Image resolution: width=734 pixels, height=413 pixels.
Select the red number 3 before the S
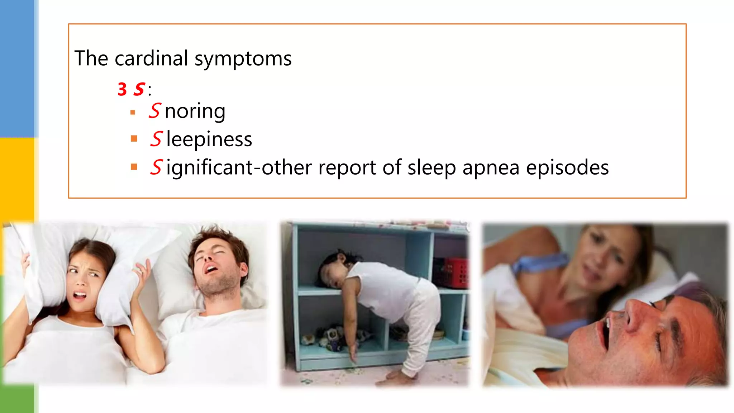pos(122,89)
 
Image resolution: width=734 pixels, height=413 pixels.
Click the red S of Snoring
pos(155,111)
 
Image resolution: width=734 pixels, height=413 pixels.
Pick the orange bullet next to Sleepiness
pos(134,139)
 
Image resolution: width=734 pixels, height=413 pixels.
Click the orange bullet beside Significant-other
pos(134,167)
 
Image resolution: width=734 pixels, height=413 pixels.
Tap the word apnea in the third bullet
pos(491,167)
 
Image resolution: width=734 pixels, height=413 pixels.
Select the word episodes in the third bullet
pos(567,167)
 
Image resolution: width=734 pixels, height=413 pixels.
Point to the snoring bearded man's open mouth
pos(211,269)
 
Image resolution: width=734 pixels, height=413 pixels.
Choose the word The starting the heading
pos(91,58)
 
